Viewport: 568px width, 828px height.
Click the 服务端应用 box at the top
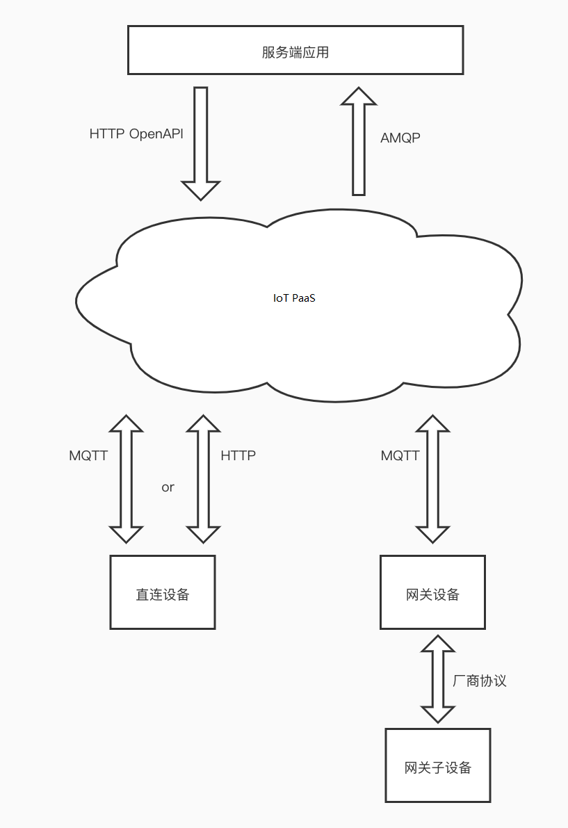coord(295,50)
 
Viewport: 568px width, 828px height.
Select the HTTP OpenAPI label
coord(136,134)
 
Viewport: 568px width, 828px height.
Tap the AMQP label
coord(400,138)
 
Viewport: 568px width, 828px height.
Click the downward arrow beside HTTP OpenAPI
coord(201,143)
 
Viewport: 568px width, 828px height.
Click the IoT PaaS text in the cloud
coord(295,298)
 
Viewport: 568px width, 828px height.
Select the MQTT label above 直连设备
coord(88,456)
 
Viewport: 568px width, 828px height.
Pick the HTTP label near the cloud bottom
coord(238,456)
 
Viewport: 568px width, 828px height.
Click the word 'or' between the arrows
coord(168,487)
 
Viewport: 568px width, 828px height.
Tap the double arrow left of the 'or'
coord(126,479)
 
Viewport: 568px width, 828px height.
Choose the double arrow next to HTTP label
coord(203,479)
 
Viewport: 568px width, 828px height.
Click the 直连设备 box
coord(163,592)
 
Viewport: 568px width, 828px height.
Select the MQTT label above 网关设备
coord(400,456)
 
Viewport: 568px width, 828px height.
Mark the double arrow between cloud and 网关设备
coord(432,479)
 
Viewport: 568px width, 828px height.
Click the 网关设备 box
coord(432,592)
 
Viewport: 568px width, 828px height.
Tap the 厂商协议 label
coord(480,681)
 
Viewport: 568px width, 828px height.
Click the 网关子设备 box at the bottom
coord(438,765)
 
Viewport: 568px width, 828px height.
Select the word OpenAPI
coord(156,134)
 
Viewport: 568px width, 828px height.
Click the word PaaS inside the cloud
coord(305,298)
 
